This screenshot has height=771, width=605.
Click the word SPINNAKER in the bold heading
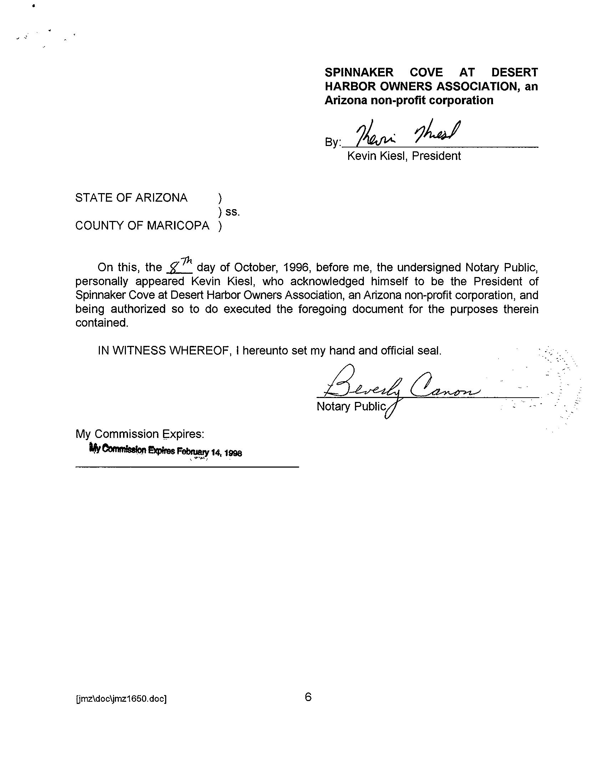(x=359, y=72)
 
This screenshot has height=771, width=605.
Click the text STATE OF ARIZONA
(x=131, y=198)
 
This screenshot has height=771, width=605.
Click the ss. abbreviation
(x=233, y=212)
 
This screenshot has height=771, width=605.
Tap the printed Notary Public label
(x=351, y=406)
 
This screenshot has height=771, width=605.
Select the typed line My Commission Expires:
(x=140, y=434)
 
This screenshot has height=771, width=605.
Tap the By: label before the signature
(x=333, y=142)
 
